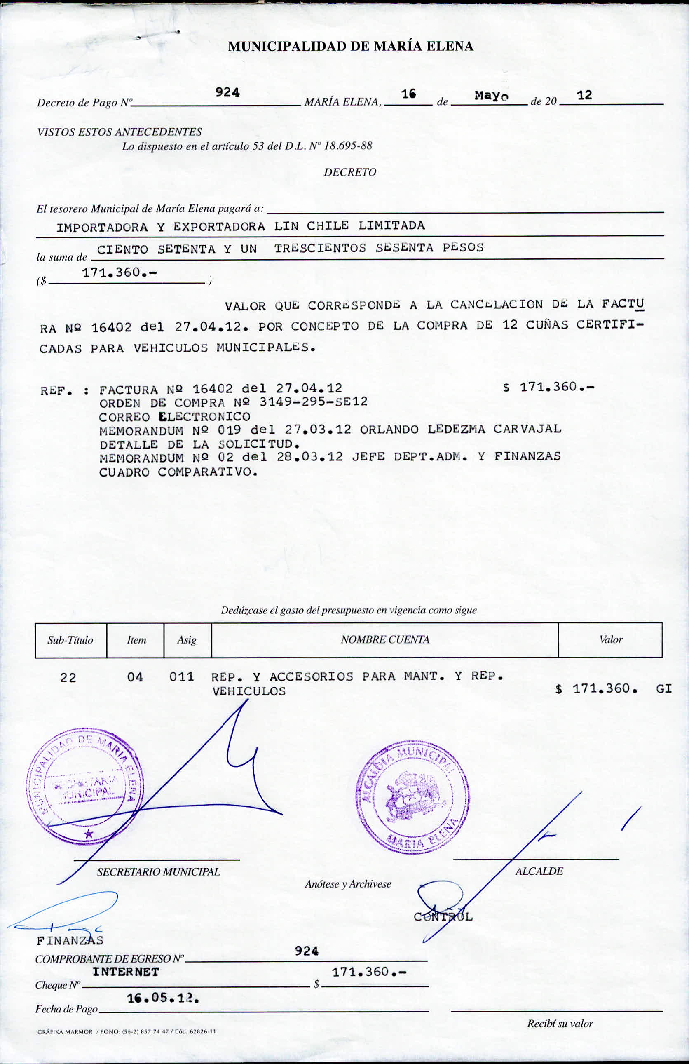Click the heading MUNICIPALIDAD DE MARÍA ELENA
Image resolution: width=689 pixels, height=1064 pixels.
(350, 47)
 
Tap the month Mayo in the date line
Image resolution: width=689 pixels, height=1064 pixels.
(491, 96)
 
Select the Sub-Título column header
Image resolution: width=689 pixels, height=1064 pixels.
(70, 640)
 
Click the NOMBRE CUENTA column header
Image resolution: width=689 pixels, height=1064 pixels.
(385, 640)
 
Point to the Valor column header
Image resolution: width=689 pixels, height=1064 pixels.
(610, 640)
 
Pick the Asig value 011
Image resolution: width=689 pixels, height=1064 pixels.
(181, 677)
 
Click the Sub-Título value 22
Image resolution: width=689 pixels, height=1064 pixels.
(68, 678)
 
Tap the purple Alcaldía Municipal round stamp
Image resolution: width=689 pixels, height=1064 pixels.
(412, 797)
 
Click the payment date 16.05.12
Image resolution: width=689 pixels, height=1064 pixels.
(163, 998)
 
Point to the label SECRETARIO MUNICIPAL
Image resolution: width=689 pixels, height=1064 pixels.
(159, 872)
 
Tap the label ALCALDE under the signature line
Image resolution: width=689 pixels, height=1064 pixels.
(539, 871)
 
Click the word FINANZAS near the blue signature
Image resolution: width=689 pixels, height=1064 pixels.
(70, 941)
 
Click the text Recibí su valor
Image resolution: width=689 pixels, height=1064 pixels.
(560, 1024)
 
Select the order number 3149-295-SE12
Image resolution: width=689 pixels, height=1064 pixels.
(313, 402)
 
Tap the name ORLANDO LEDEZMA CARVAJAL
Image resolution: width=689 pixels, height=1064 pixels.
(460, 429)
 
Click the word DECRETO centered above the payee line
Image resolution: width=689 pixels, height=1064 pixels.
(350, 172)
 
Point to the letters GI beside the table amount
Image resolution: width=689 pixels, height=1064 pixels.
(663, 689)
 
